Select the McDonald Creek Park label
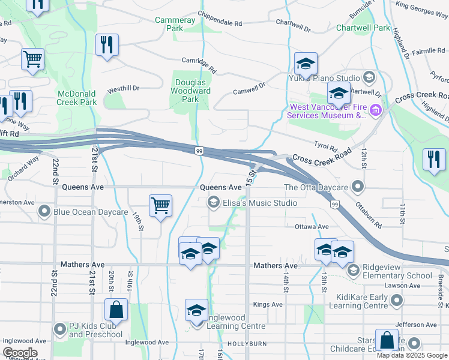[x=77, y=98]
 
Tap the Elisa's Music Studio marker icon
[x=213, y=203]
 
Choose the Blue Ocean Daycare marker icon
[x=44, y=211]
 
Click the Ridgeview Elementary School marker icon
[x=353, y=271]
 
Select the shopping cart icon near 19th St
[x=160, y=206]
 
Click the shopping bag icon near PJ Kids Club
[x=116, y=310]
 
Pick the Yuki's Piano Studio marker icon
[x=369, y=77]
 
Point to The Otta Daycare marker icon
[x=358, y=187]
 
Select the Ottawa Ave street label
[x=312, y=227]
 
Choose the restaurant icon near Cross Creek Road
[x=434, y=159]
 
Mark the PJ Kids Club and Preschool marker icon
[x=59, y=329]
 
